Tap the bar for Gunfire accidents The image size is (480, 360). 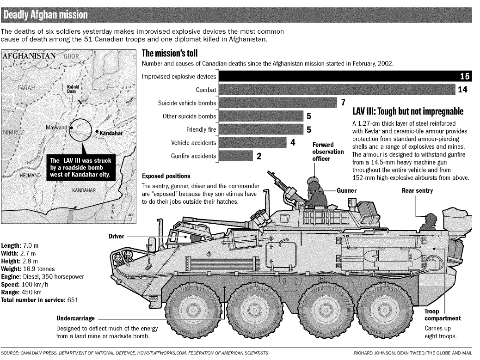[x=235, y=156]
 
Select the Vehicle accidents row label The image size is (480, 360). [x=193, y=143]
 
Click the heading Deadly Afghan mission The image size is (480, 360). [x=45, y=15]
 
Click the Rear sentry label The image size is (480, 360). [x=417, y=190]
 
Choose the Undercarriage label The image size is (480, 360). [x=75, y=318]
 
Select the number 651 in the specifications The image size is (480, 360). [x=72, y=299]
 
